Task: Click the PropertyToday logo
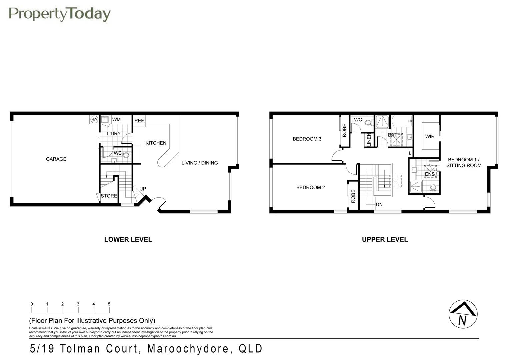(59, 14)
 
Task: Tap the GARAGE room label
(56, 159)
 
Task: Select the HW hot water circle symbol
(94, 119)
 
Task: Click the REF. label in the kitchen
(140, 121)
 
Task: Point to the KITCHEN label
(156, 143)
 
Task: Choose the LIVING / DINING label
(200, 163)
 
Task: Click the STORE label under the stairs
(109, 196)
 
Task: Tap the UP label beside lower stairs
(143, 189)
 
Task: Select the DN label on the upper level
(379, 204)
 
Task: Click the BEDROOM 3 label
(307, 139)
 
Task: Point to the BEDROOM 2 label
(310, 187)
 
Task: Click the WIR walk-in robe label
(430, 136)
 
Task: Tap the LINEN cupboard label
(369, 139)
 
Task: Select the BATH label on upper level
(394, 135)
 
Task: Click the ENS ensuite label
(430, 174)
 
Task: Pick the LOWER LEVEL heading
(128, 239)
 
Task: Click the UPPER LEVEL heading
(385, 239)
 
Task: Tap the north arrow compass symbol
(463, 314)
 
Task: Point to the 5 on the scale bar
(109, 304)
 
